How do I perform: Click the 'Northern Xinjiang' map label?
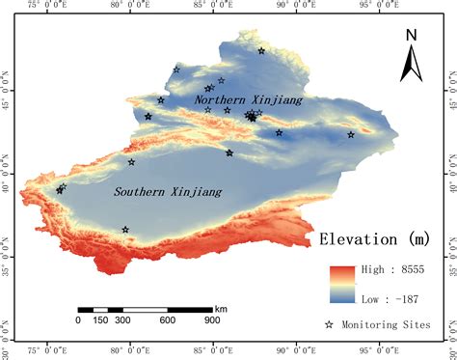click(249, 99)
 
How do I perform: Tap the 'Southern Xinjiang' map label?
click(168, 192)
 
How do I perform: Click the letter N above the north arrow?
click(411, 36)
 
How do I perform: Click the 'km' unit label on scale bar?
click(222, 308)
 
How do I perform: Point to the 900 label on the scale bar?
click(211, 320)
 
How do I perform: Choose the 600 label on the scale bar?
click(167, 320)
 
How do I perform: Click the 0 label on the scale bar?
click(78, 320)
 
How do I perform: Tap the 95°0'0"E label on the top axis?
click(365, 6)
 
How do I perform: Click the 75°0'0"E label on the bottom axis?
click(52, 353)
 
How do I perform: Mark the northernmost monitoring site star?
click(261, 51)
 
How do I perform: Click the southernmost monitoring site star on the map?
click(125, 230)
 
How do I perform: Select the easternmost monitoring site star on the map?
click(351, 134)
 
